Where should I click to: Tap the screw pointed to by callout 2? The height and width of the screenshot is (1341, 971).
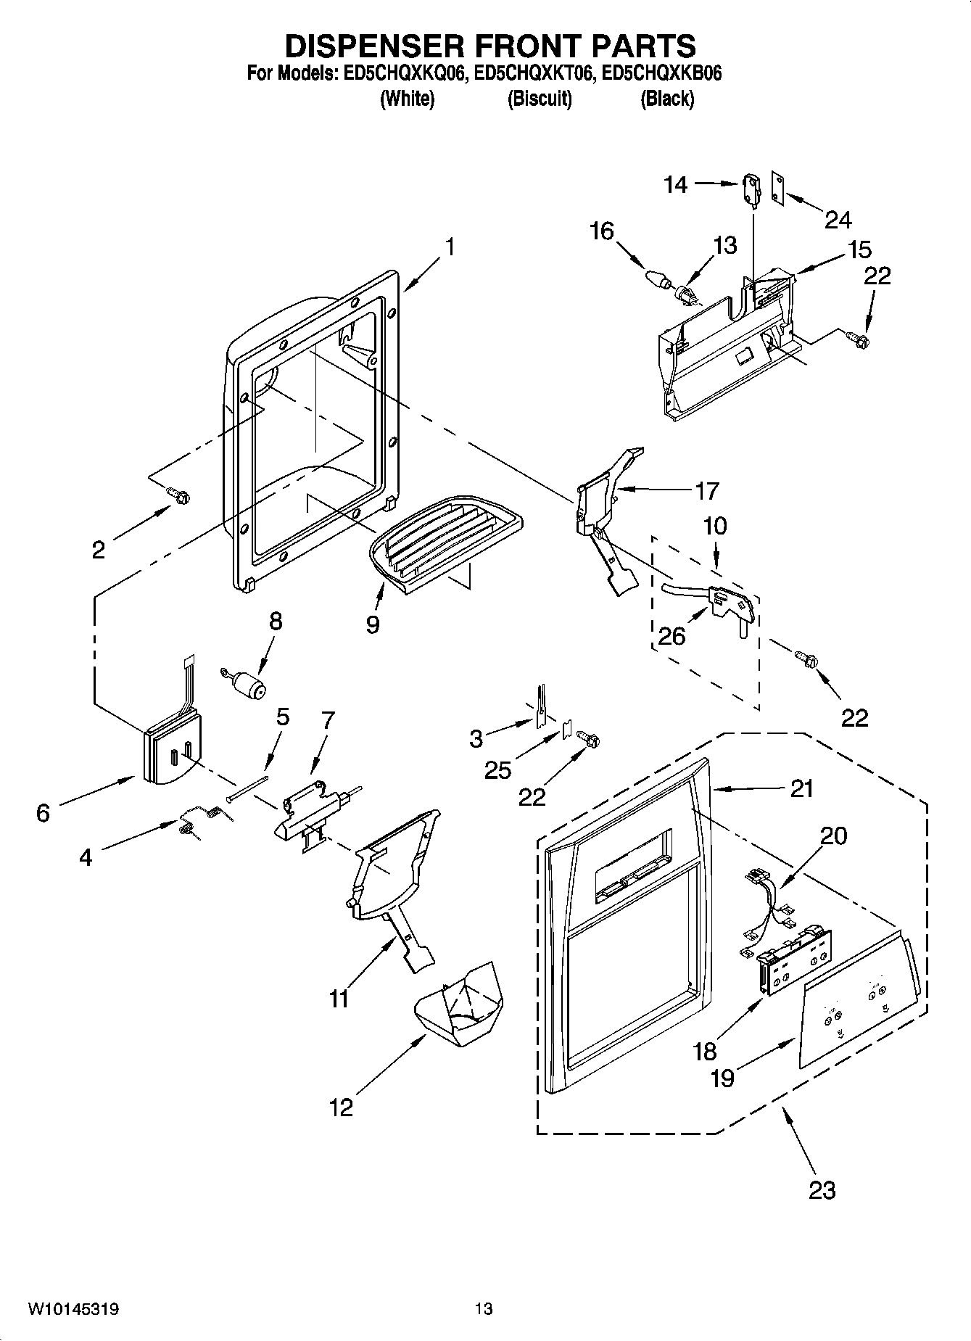click(x=179, y=495)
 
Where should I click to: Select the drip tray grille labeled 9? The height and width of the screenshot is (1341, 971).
click(x=444, y=540)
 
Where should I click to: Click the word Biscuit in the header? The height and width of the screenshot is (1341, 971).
click(x=539, y=99)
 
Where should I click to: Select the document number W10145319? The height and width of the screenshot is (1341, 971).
click(x=73, y=1308)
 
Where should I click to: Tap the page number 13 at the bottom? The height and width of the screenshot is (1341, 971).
click(x=484, y=1308)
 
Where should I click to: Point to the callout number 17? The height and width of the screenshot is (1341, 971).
click(x=706, y=491)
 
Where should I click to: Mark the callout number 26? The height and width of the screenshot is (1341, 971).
click(x=672, y=636)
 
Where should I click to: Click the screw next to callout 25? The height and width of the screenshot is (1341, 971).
click(x=590, y=739)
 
